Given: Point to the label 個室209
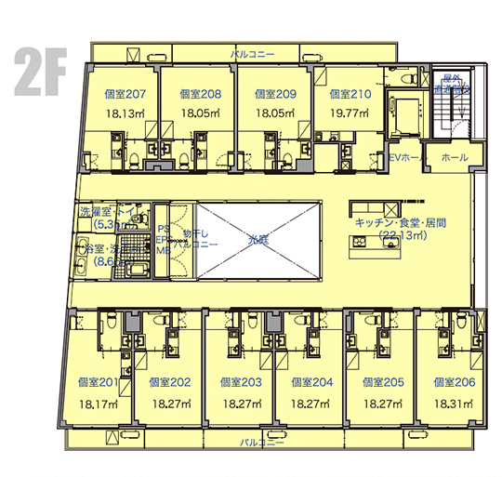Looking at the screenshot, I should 273,94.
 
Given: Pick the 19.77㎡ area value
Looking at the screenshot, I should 350,113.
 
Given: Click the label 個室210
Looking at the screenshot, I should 350,94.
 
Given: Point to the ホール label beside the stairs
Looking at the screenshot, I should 455,157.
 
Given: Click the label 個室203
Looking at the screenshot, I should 241,382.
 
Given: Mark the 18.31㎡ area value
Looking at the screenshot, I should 454,404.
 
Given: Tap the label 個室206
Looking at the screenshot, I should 454,382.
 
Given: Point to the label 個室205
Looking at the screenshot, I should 383,382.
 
